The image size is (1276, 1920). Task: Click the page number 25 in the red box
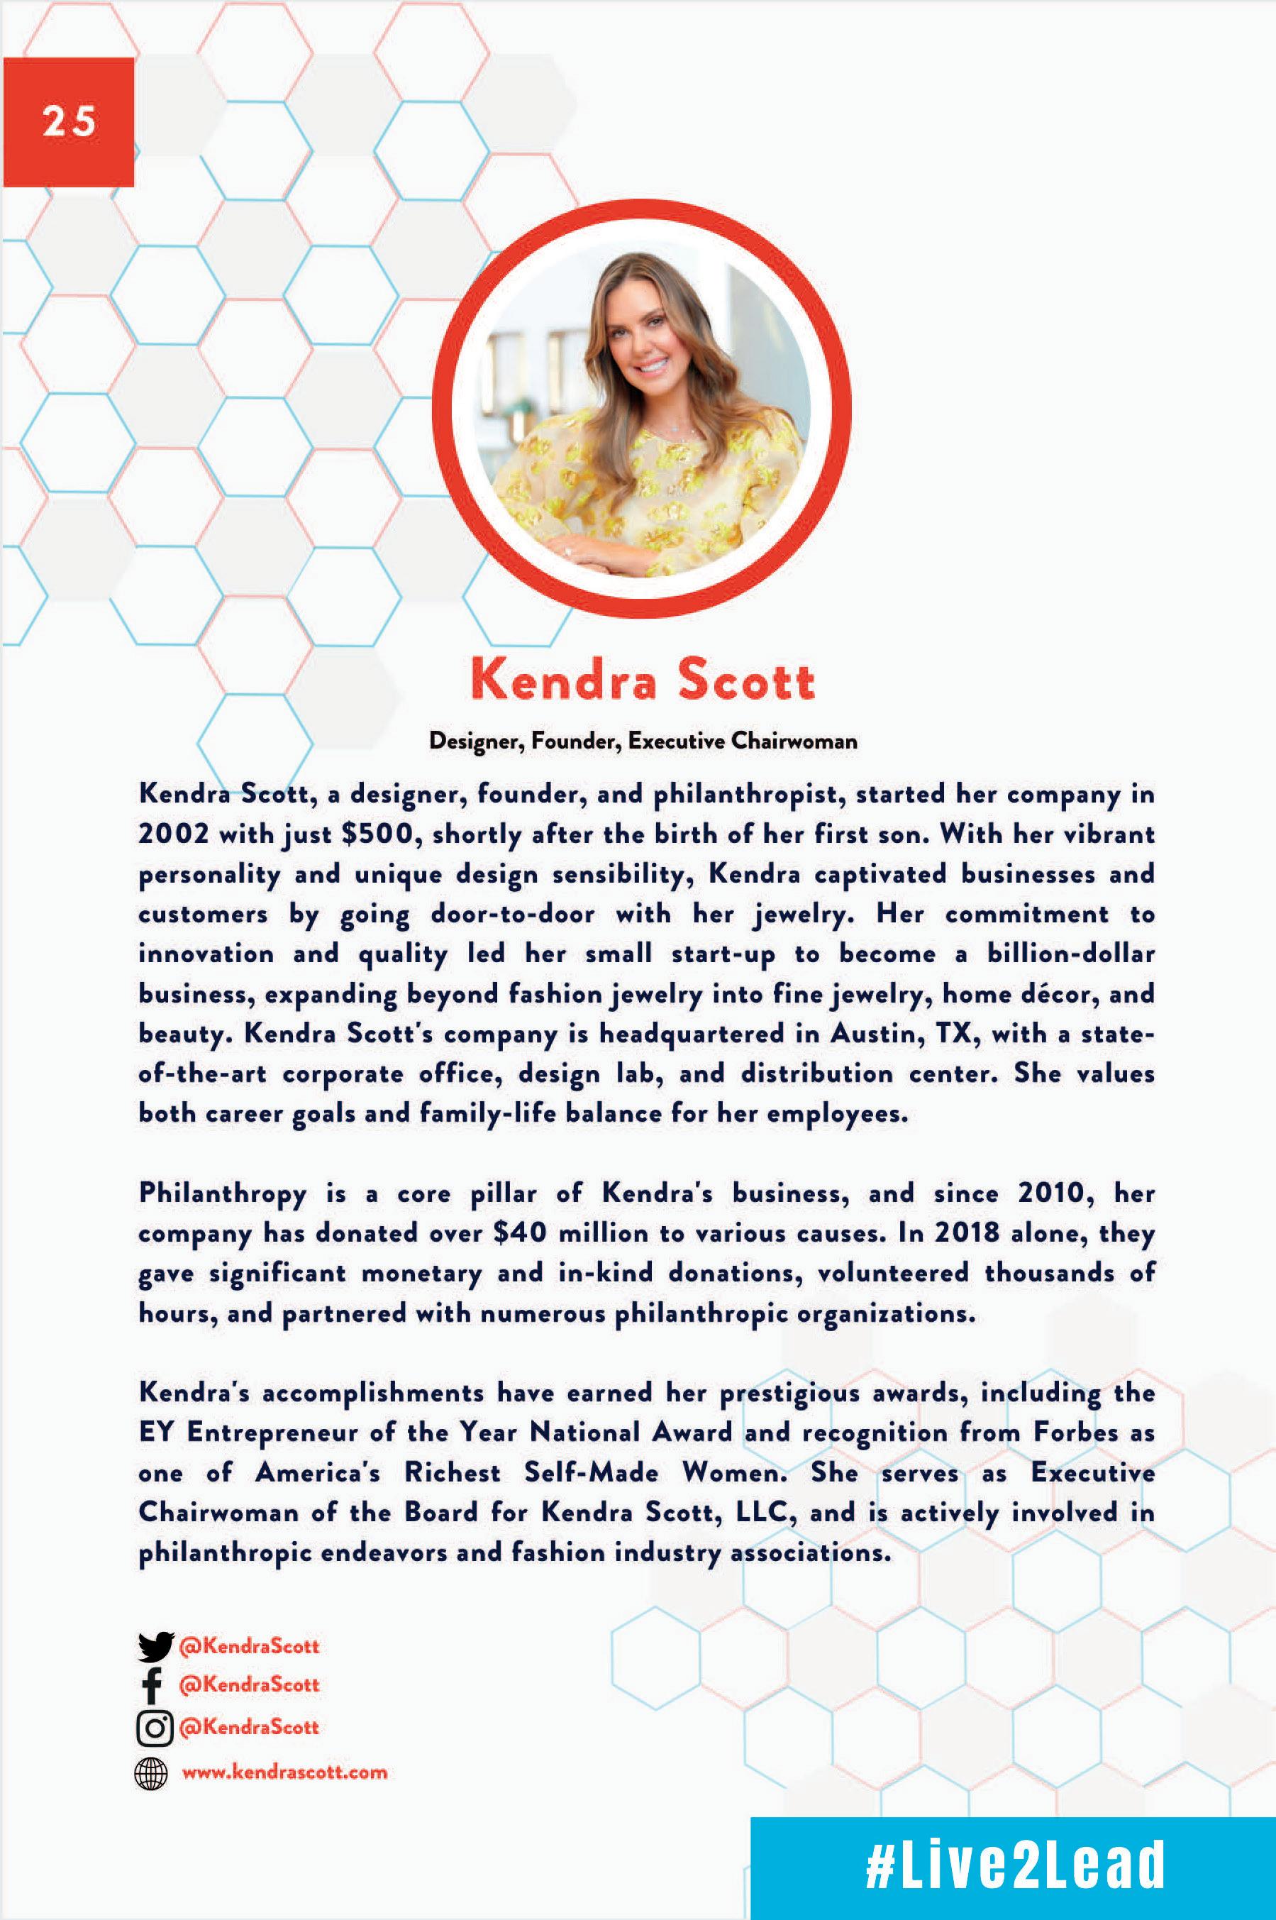70,122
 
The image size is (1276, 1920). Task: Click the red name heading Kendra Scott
642,680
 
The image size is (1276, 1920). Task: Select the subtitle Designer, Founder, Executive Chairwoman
643,741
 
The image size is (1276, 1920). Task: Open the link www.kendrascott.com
284,1772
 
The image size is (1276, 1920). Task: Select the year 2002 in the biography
173,834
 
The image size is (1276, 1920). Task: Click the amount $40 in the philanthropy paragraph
519,1233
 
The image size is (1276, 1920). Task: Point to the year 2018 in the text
966,1233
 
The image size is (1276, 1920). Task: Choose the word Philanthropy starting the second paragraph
222,1194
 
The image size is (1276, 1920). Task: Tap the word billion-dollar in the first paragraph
1071,954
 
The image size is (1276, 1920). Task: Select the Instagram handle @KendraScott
249,1727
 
